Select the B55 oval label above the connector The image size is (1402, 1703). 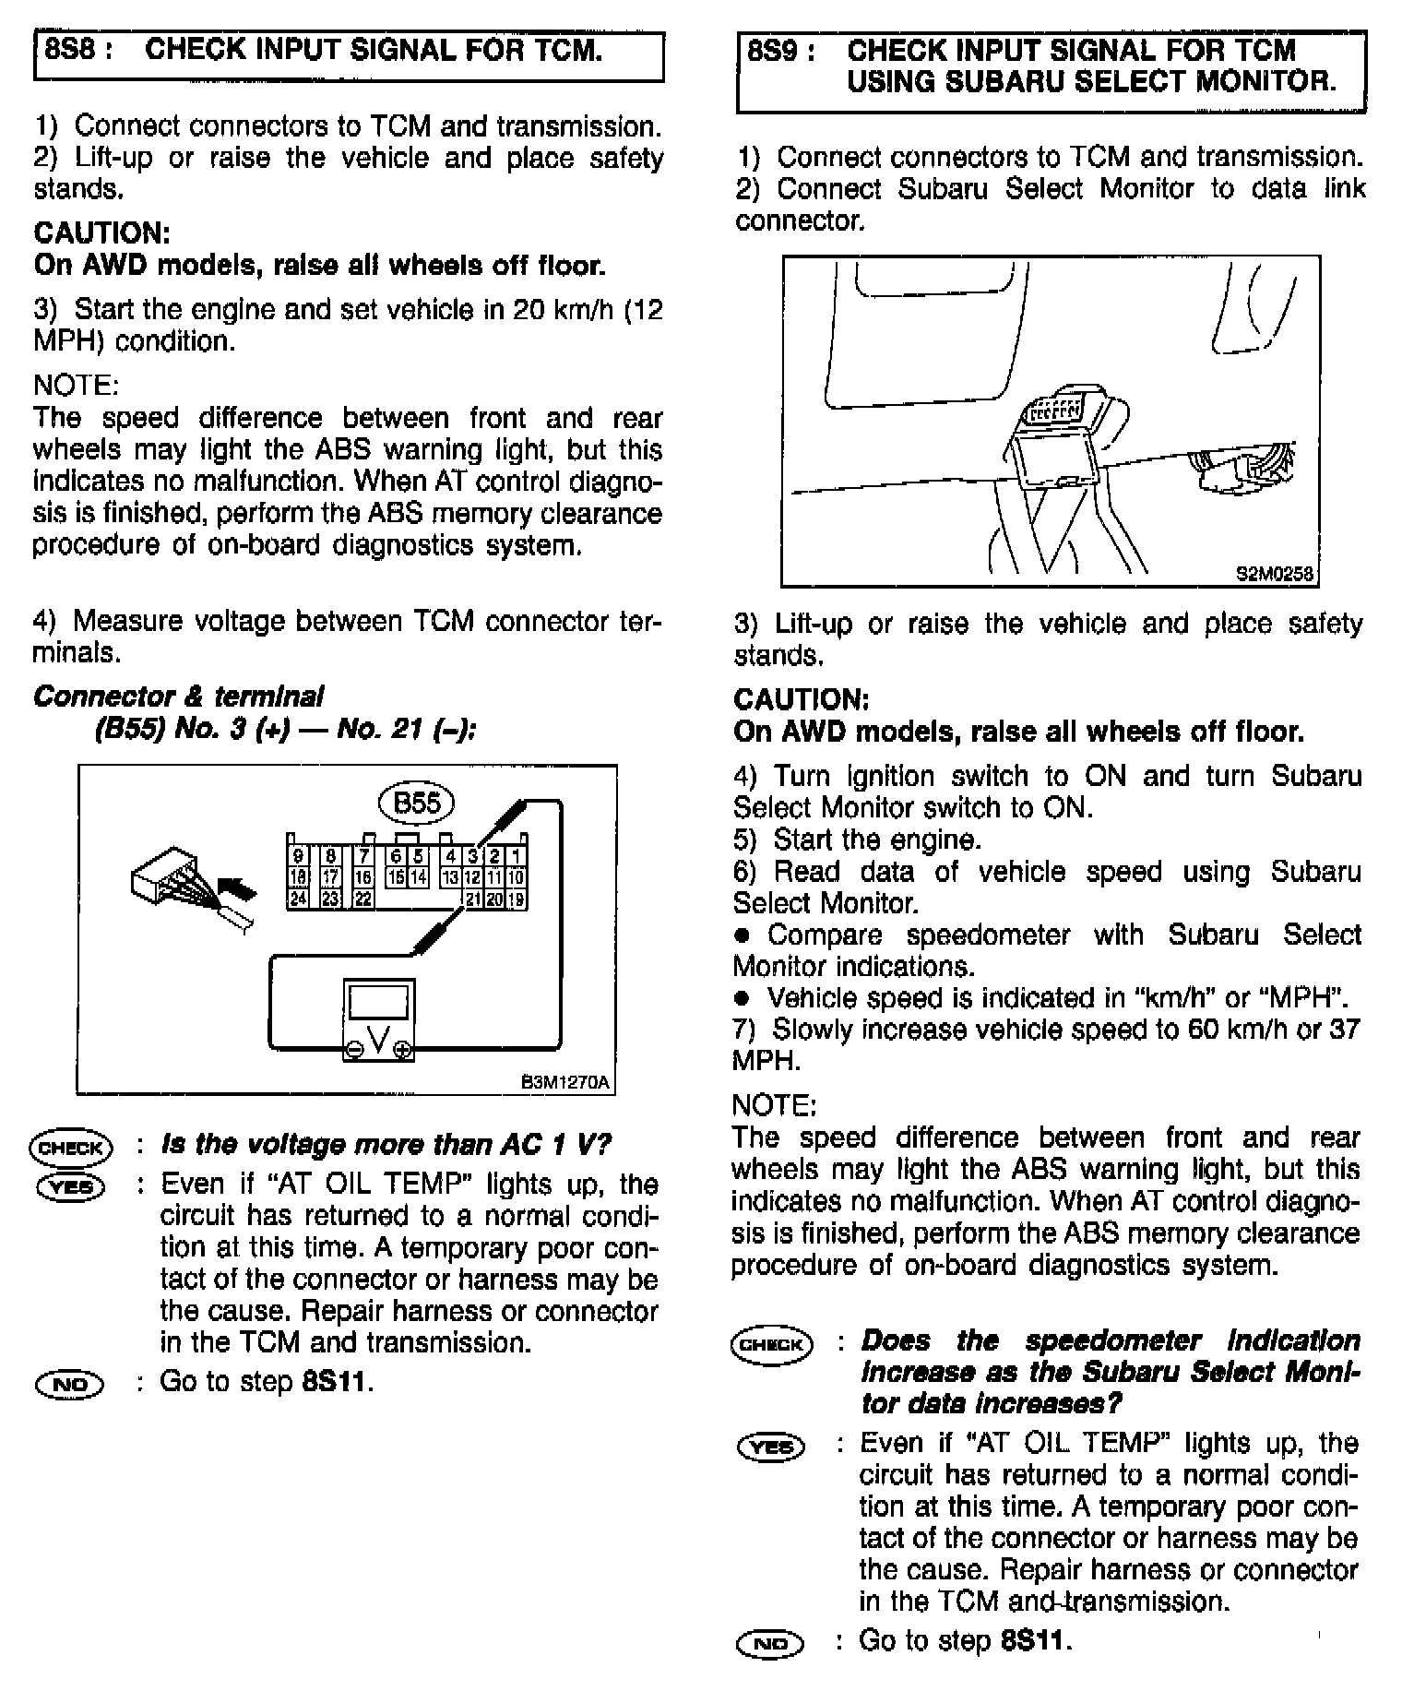pyautogui.click(x=417, y=803)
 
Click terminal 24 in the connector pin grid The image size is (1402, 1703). pyautogui.click(x=298, y=898)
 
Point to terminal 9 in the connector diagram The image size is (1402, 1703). pyautogui.click(x=298, y=856)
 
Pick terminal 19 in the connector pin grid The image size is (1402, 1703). pyautogui.click(x=517, y=898)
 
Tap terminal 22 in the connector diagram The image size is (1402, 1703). pyautogui.click(x=363, y=898)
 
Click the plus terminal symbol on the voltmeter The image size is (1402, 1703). pyautogui.click(x=402, y=1050)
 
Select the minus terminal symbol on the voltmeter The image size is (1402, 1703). pyautogui.click(x=354, y=1050)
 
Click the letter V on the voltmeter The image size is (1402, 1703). pyautogui.click(x=378, y=1039)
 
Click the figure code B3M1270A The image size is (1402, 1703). pyautogui.click(x=566, y=1082)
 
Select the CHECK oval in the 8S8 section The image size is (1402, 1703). pyautogui.click(x=71, y=1148)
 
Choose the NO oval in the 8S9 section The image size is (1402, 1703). pyautogui.click(x=771, y=1642)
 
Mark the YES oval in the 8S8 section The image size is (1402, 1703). pyautogui.click(x=71, y=1186)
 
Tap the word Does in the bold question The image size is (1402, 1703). pyautogui.click(x=895, y=1340)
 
